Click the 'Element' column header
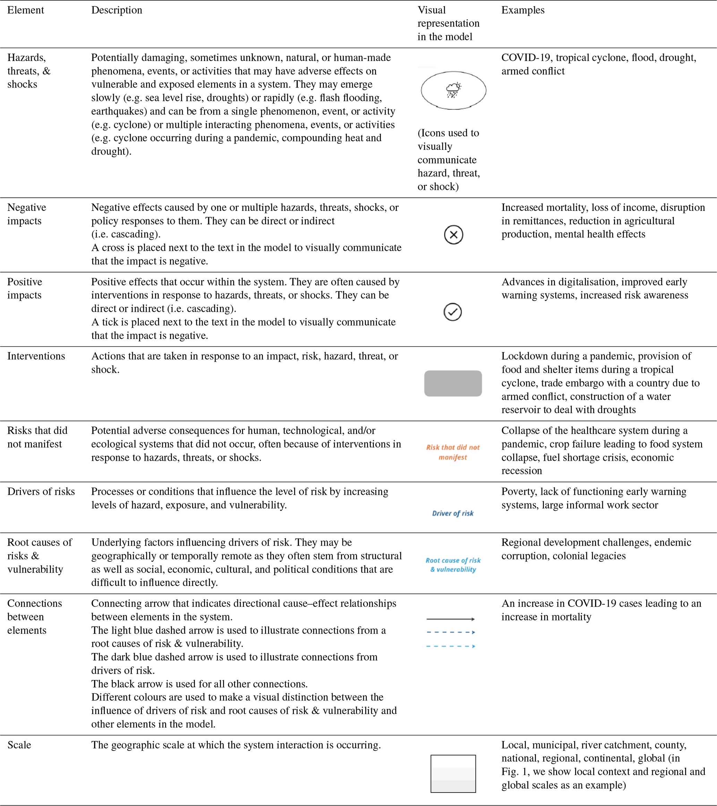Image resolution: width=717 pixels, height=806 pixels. tap(26, 10)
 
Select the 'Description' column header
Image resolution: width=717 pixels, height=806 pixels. tap(117, 10)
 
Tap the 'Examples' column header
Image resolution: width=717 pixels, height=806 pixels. tap(523, 10)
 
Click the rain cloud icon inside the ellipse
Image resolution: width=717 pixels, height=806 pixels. tap(453, 90)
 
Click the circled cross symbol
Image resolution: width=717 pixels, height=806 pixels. tap(453, 235)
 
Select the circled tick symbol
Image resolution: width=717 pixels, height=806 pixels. tap(453, 312)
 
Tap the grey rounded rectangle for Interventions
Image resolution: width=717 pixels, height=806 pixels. tap(453, 383)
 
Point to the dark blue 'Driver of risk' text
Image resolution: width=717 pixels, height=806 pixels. tap(453, 514)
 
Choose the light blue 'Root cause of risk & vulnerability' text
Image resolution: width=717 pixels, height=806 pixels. tap(453, 565)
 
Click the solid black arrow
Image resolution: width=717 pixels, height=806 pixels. tap(451, 619)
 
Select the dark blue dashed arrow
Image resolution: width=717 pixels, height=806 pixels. tap(451, 632)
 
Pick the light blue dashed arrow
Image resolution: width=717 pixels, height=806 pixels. tap(451, 646)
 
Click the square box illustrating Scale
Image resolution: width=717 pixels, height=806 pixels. tap(453, 774)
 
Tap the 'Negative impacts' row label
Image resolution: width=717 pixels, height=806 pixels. tap(26, 214)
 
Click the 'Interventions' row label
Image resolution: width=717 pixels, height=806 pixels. tap(36, 356)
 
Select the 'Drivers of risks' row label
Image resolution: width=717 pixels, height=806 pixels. tap(41, 492)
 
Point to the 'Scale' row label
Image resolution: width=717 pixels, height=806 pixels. tap(19, 745)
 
